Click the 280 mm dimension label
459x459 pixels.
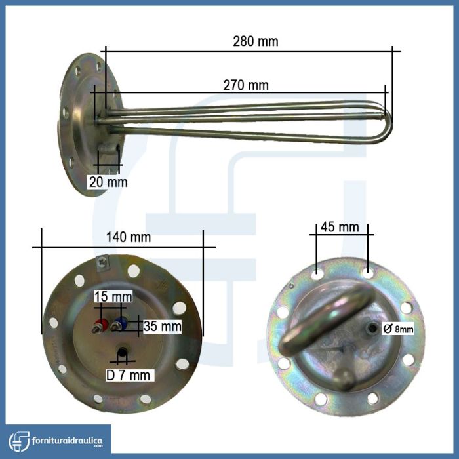click(256, 41)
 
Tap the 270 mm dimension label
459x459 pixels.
click(246, 85)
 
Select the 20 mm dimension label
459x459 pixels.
click(108, 182)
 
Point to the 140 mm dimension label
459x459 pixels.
click(129, 237)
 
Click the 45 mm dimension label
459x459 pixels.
click(340, 227)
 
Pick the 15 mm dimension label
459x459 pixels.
click(113, 296)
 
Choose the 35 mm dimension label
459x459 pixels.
click(162, 326)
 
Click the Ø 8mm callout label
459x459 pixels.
click(398, 329)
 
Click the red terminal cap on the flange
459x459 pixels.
click(101, 324)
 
